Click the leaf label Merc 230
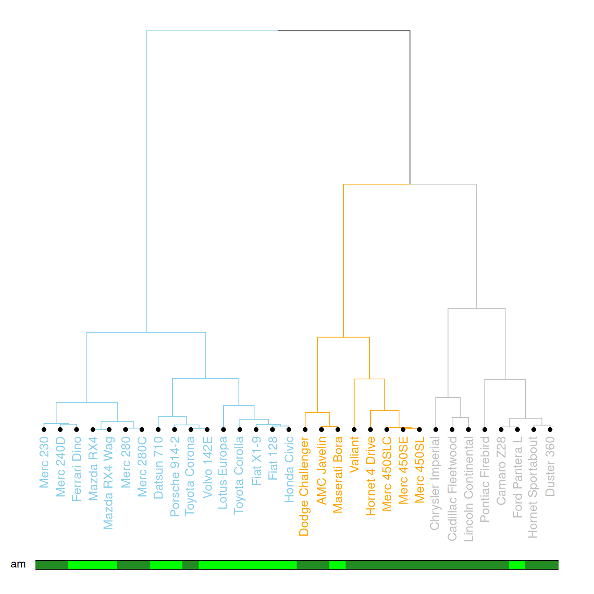[x=44, y=462]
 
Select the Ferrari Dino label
[x=77, y=469]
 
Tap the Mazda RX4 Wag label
[x=109, y=483]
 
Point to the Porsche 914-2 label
[x=174, y=476]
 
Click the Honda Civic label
[x=289, y=469]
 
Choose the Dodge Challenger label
[x=304, y=486]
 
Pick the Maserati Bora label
[x=338, y=475]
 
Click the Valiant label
[x=354, y=454]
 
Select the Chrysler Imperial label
[x=435, y=483]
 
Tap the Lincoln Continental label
[x=468, y=489]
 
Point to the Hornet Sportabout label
[x=533, y=487]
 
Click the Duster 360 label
[x=550, y=466]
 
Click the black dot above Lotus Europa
[x=224, y=429]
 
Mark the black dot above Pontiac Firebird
[x=485, y=429]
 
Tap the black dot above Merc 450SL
[x=420, y=429]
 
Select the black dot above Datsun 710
[x=158, y=429]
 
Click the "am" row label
[x=18, y=564]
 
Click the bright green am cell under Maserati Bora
[x=337, y=565]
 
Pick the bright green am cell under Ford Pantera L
[x=517, y=565]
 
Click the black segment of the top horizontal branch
[x=344, y=31]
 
